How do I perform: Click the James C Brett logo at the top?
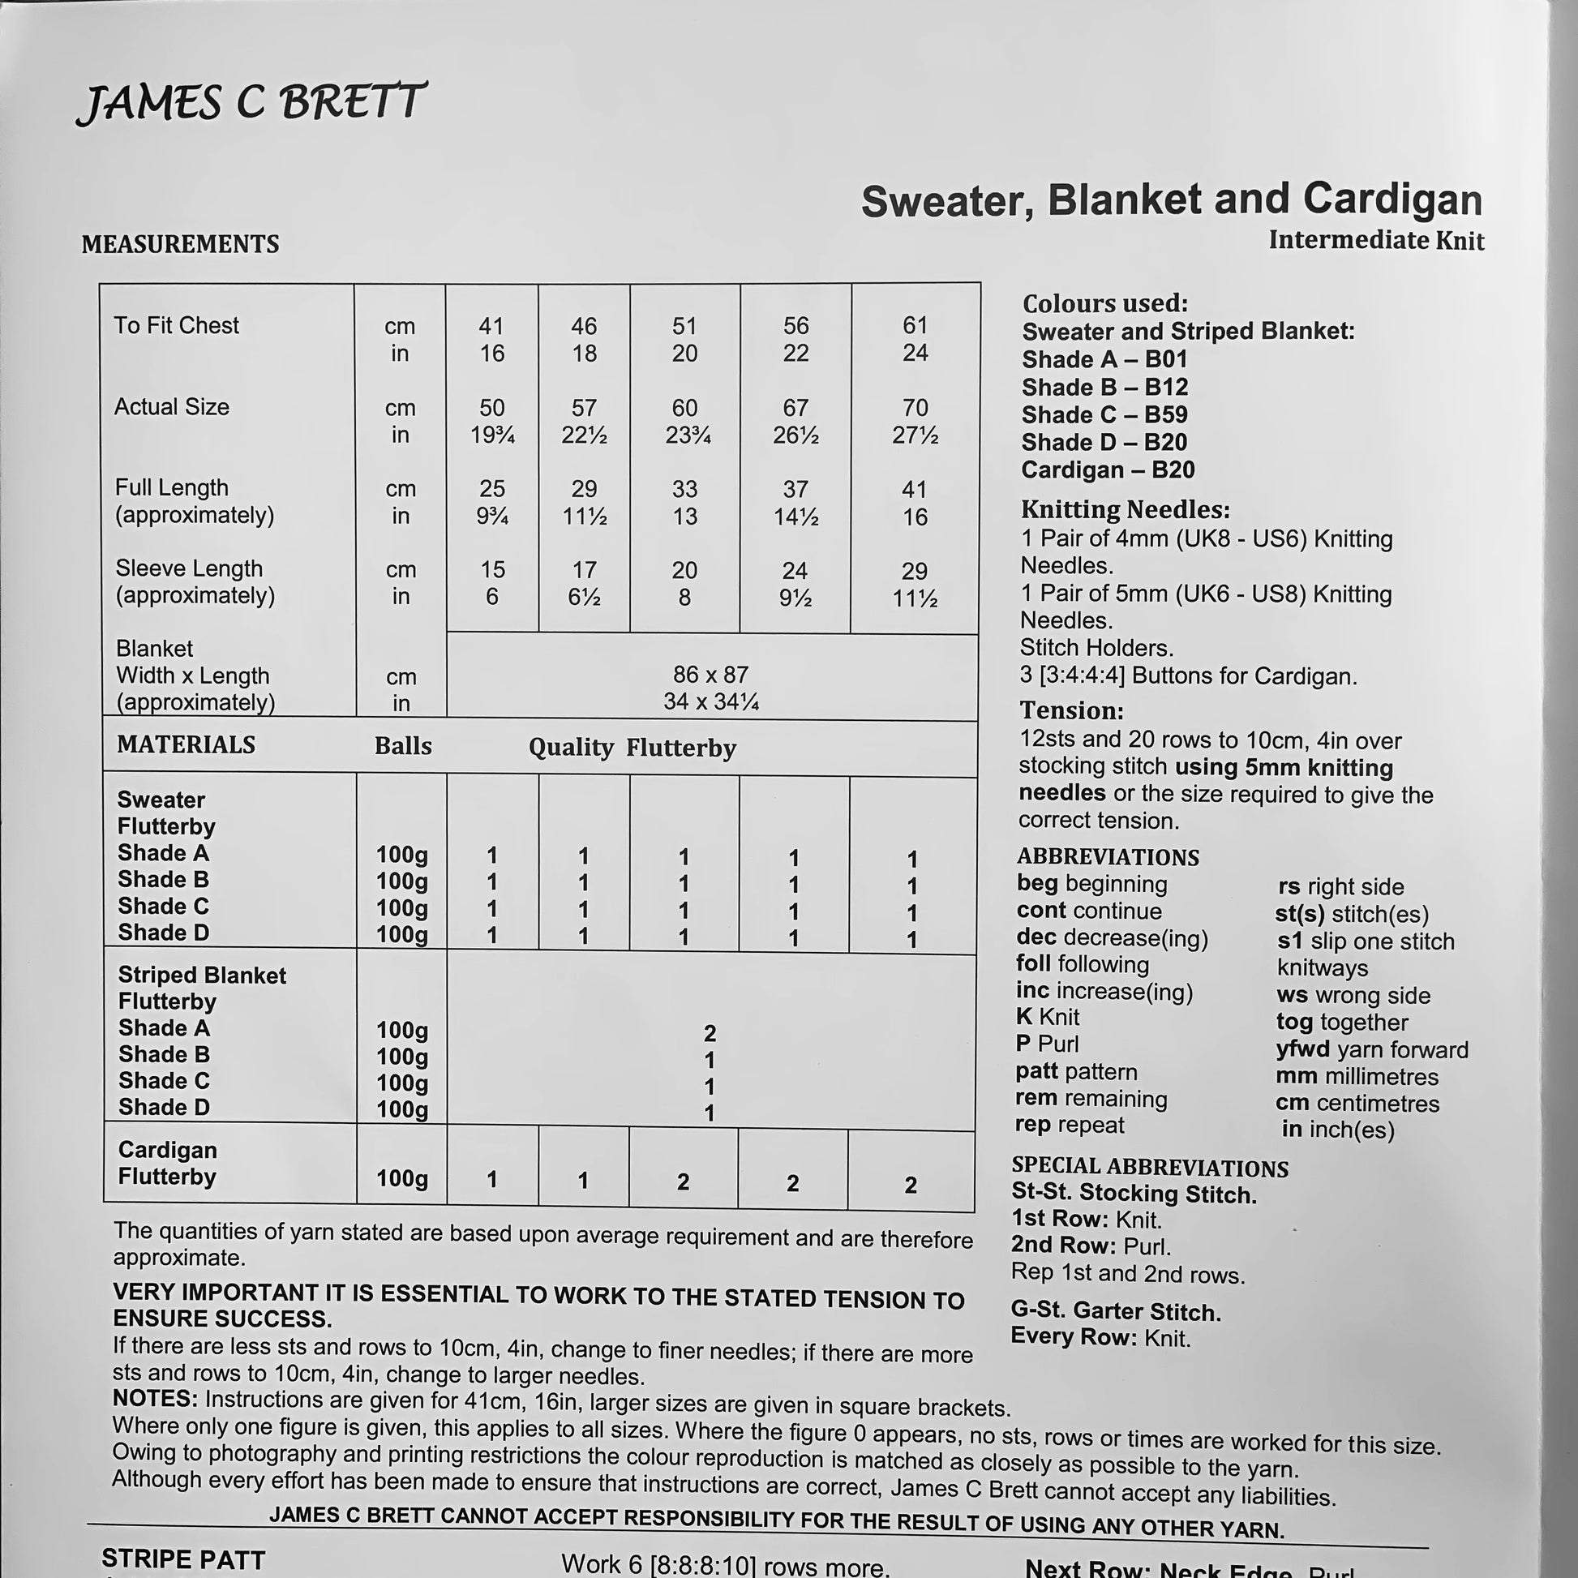click(x=251, y=104)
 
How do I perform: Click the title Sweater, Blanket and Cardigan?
click(x=1171, y=201)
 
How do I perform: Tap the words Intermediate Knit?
click(x=1375, y=240)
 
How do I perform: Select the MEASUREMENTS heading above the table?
click(x=181, y=244)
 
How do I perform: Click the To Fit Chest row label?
click(x=177, y=325)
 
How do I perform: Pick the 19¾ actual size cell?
click(x=491, y=435)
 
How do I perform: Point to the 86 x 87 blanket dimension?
click(x=710, y=675)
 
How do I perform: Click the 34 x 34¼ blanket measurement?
click(x=710, y=701)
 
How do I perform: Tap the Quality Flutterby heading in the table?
click(x=632, y=748)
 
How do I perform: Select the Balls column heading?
click(x=403, y=746)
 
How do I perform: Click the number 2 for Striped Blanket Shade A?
click(x=710, y=1033)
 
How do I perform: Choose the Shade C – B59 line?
click(x=1104, y=415)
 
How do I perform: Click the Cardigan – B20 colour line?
click(x=1108, y=470)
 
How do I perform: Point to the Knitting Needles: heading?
click(x=1125, y=510)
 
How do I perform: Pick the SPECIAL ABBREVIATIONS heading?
click(x=1149, y=1168)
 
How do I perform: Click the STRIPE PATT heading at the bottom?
click(x=183, y=1559)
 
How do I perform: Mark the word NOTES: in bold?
click(x=155, y=1399)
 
